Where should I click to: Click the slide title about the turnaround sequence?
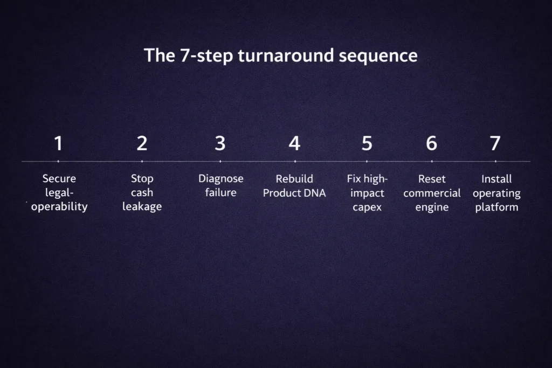280,55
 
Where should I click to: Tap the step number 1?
58,144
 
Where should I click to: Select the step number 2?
142,144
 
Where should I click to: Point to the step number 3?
220,144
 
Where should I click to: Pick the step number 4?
294,144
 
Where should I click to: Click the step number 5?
367,144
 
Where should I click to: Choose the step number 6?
431,144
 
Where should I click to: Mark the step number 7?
495,144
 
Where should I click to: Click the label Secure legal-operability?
59,193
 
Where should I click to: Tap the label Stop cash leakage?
142,193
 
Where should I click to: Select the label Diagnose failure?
220,186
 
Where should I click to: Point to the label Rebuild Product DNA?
294,186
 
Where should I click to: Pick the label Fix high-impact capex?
368,193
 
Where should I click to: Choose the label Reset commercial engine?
432,193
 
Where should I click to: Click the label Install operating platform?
496,193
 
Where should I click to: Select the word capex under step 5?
368,207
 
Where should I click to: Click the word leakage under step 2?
142,207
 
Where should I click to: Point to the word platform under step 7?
496,207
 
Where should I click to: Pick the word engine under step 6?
432,207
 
